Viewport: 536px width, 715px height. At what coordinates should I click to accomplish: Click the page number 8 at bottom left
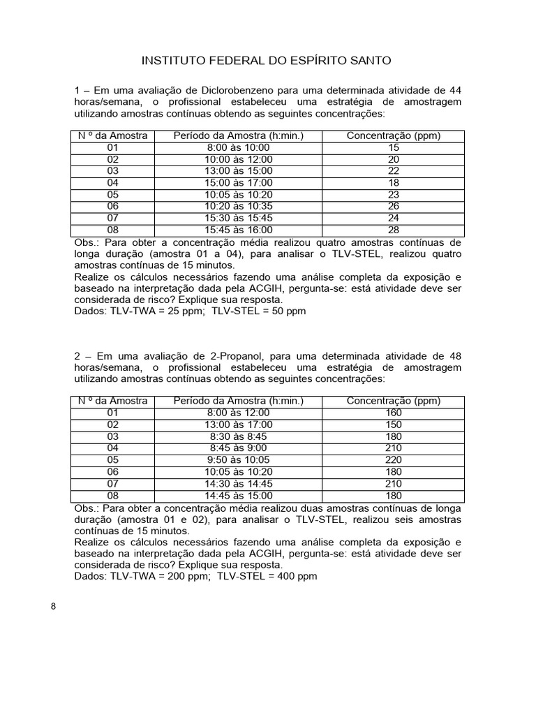click(54, 605)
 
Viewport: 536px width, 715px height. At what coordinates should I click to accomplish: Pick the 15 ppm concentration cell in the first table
click(394, 147)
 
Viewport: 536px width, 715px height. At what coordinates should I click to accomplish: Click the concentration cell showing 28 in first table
click(394, 230)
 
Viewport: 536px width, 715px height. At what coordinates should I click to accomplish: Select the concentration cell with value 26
click(394, 206)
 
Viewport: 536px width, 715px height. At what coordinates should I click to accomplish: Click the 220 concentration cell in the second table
click(394, 459)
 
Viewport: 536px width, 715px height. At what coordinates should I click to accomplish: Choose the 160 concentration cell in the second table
click(394, 413)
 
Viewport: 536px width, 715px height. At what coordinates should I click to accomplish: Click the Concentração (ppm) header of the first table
click(394, 135)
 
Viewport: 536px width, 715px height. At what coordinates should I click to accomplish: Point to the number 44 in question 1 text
click(454, 90)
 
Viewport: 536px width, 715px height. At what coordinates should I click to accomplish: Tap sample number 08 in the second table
click(113, 495)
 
